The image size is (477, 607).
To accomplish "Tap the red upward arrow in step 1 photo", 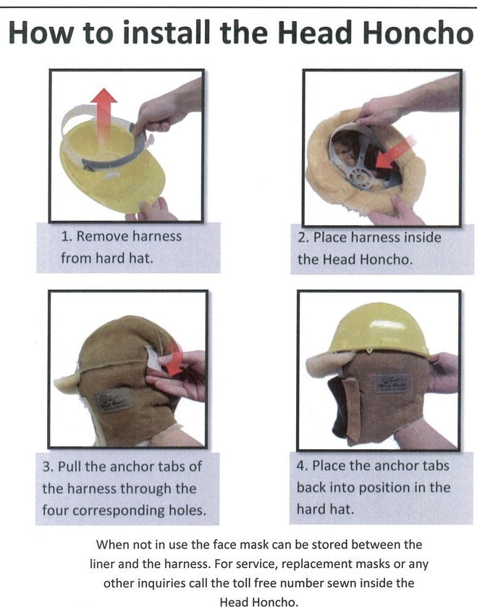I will [x=105, y=116].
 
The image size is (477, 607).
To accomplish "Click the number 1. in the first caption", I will [x=66, y=236].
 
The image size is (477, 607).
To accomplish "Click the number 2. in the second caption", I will [x=303, y=238].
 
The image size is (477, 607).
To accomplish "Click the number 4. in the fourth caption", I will [x=303, y=465].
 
